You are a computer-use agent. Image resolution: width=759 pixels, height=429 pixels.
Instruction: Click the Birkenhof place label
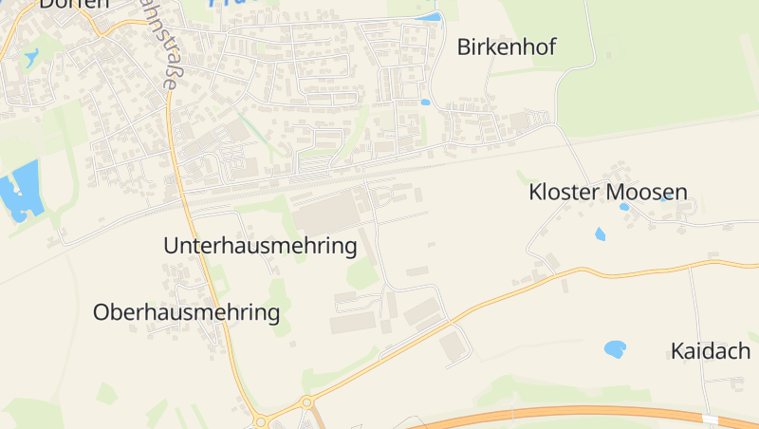tap(506, 47)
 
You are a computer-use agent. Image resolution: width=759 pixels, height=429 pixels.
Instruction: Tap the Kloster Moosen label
tap(607, 193)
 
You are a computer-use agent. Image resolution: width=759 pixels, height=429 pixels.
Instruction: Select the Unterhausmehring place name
tap(260, 246)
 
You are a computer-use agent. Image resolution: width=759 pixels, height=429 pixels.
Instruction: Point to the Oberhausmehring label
tap(186, 312)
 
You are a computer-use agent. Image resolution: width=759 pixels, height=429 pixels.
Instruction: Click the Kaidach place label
tap(711, 351)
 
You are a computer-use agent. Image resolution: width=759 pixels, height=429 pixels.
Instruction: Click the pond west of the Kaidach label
tap(615, 349)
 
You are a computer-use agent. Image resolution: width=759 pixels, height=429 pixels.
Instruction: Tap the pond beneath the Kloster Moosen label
tap(600, 233)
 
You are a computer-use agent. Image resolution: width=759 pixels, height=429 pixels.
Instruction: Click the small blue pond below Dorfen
tap(32, 57)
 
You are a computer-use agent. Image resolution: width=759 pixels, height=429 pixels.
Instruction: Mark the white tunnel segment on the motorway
tap(710, 419)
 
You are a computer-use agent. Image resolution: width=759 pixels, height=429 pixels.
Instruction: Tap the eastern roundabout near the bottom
tap(306, 402)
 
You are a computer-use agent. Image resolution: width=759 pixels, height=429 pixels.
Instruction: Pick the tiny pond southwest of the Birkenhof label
tap(425, 102)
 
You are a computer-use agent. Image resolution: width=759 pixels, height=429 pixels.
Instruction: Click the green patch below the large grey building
tap(361, 274)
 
